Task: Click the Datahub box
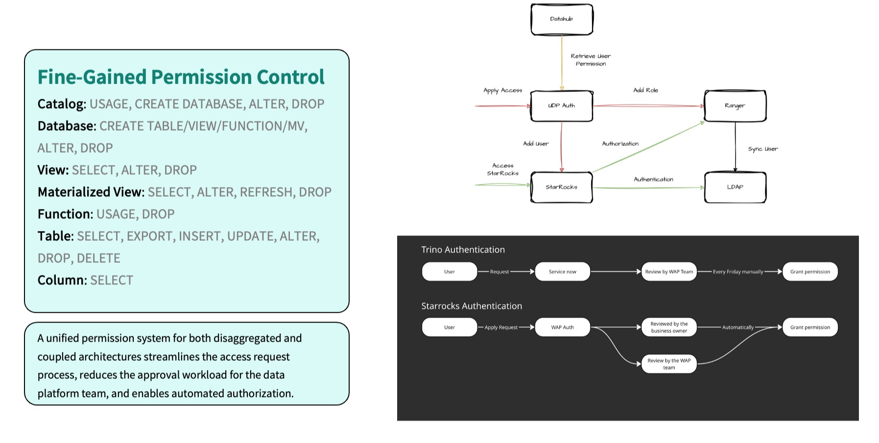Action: [562, 20]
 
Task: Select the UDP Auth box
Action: [562, 106]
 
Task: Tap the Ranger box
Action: [735, 106]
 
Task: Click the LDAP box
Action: [735, 187]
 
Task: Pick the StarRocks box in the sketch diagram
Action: [562, 187]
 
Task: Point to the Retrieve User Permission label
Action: [591, 60]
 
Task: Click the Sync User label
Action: [762, 149]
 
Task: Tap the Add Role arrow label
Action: [645, 90]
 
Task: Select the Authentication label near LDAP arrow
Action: [653, 179]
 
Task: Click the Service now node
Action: [562, 272]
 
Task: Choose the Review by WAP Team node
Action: [669, 272]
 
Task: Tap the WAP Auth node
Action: [562, 327]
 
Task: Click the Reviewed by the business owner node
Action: [669, 327]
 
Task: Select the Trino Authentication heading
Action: [463, 250]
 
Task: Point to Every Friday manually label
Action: [738, 272]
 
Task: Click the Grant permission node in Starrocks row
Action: [810, 327]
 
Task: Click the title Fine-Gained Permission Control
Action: [181, 77]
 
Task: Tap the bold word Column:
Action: [62, 280]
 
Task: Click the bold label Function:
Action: [65, 214]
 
